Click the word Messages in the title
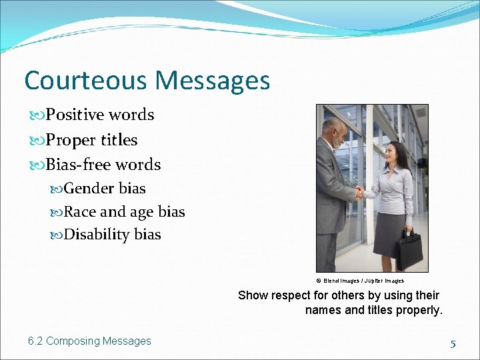(x=212, y=81)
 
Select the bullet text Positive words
(x=99, y=115)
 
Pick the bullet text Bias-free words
(x=103, y=165)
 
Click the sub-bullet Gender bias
(x=105, y=189)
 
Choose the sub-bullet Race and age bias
(x=124, y=212)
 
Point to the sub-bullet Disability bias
(x=112, y=235)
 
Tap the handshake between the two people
(x=360, y=193)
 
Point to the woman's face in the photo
(x=399, y=155)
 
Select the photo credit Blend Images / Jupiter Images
(x=360, y=281)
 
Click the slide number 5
(x=453, y=344)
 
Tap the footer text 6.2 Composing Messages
(x=89, y=341)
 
